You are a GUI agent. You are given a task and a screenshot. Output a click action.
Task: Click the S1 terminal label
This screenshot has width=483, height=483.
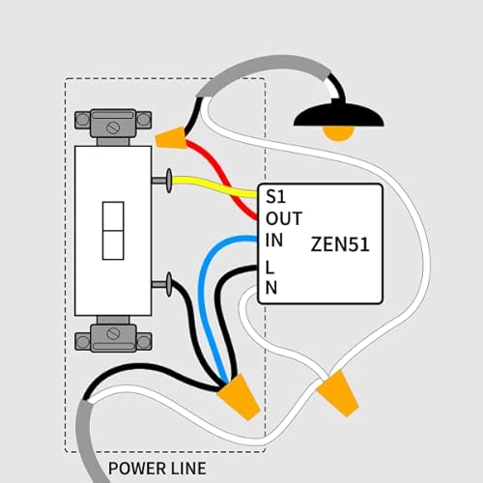pyautogui.click(x=275, y=197)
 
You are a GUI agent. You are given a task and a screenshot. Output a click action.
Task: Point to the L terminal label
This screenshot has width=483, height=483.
pyautogui.click(x=270, y=266)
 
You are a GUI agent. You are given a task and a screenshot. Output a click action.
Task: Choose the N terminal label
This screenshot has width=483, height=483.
pyautogui.click(x=271, y=287)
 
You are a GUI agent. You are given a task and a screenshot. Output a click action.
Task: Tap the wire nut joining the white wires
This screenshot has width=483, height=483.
pyautogui.click(x=337, y=394)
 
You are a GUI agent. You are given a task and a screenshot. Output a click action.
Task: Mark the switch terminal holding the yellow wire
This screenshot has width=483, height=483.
pyautogui.click(x=162, y=179)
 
